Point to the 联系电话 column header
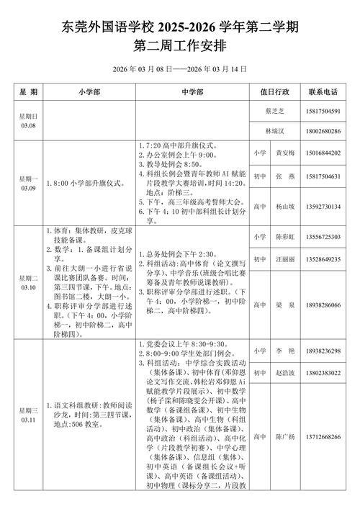(323, 92)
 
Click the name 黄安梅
(287, 153)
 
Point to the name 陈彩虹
(287, 238)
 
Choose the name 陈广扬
(287, 437)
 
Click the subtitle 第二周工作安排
(180, 45)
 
